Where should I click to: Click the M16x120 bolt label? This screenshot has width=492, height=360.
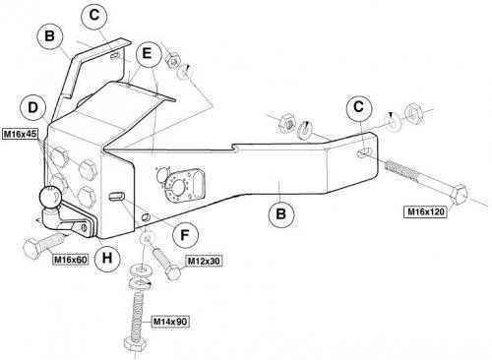[425, 211]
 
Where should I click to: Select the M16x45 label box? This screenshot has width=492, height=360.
[21, 134]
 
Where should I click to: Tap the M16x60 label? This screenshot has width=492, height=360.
[71, 260]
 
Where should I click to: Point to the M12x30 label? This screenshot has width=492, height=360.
[204, 261]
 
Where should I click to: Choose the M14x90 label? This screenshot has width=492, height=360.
[170, 322]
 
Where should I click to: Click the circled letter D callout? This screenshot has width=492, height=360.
[33, 108]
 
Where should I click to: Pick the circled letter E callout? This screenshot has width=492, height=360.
[148, 53]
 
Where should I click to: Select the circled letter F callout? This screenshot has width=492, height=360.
[185, 235]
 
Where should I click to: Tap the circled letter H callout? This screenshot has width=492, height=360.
[107, 258]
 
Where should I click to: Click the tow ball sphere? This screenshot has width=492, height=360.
[51, 198]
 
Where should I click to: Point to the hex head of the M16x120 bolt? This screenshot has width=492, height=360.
[459, 194]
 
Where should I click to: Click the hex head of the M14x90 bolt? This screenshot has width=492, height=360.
[135, 345]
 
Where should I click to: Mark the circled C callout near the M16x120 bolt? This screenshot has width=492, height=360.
[359, 107]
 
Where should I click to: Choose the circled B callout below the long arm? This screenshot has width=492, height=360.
[280, 214]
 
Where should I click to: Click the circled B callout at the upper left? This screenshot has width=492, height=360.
[49, 35]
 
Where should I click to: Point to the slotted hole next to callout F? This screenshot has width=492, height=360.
[117, 196]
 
